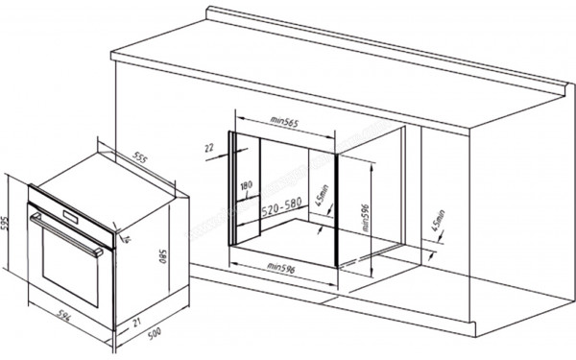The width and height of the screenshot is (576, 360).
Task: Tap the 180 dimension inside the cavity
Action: point(247,185)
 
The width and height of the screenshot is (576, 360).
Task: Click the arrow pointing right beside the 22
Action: point(222,148)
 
